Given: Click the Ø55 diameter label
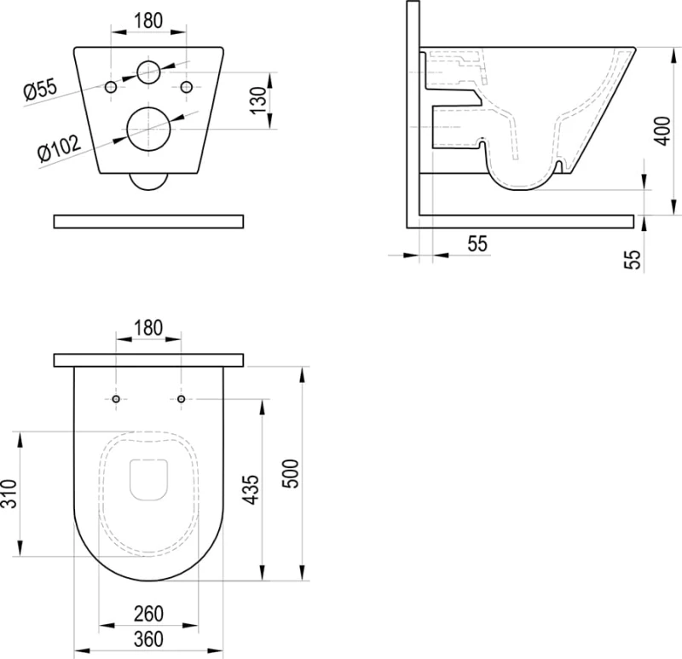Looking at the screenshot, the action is coord(40,90).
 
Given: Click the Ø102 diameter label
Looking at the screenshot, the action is coord(59,148).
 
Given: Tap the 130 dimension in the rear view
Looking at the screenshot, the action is coord(258,101).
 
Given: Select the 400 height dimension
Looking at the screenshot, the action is coord(662,131).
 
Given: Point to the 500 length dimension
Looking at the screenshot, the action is coord(291,474).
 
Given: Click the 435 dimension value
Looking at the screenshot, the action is coord(250,490).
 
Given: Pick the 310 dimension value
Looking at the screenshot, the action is coord(9,494).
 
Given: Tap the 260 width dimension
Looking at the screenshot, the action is coord(148,614).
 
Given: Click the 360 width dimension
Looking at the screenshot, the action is coord(148,639).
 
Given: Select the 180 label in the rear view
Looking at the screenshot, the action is coord(148,20).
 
